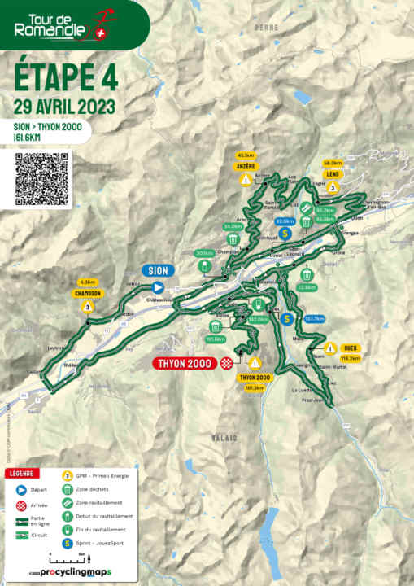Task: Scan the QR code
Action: click(42, 178)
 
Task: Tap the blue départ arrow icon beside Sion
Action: click(159, 286)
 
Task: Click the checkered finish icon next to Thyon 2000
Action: click(227, 363)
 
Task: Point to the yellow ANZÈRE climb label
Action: click(246, 165)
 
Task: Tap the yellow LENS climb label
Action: click(332, 173)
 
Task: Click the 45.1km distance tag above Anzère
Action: click(246, 155)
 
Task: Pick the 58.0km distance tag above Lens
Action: click(332, 163)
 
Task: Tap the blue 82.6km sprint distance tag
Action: click(284, 221)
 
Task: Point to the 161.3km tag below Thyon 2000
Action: click(254, 387)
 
